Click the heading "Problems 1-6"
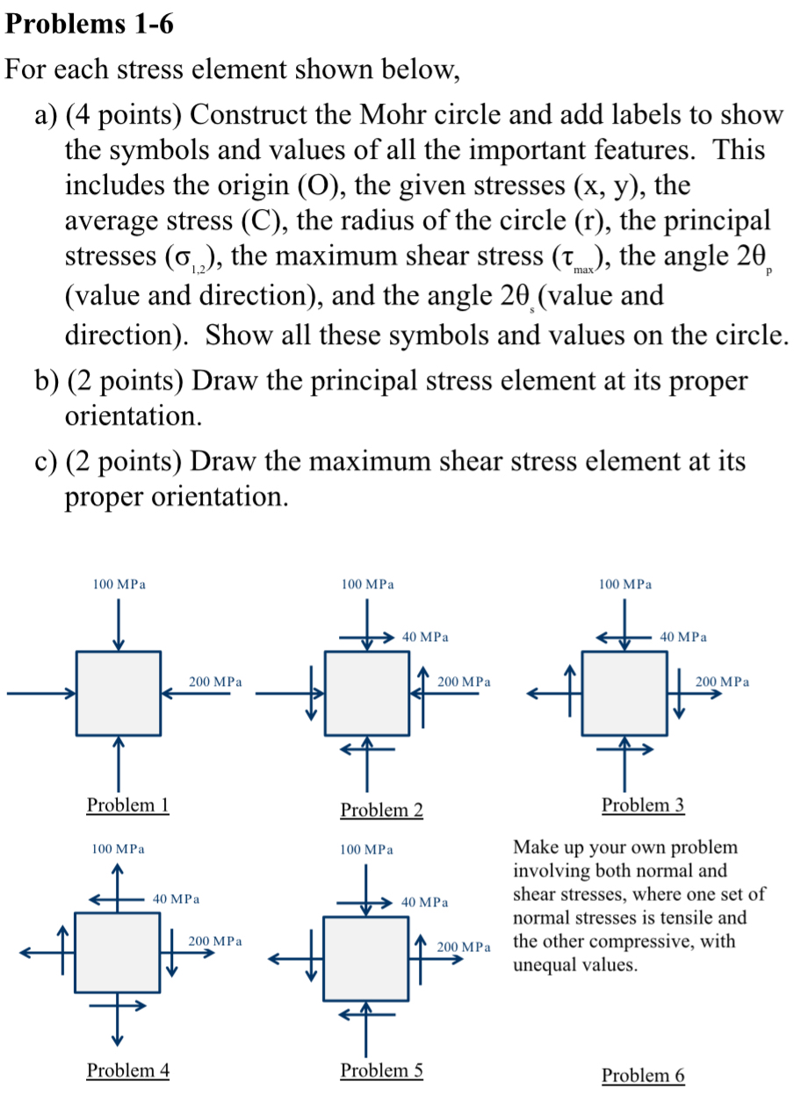(89, 25)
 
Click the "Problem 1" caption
(127, 804)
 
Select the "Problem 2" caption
(381, 810)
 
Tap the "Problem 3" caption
(643, 804)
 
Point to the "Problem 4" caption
(127, 1070)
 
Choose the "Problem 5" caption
(381, 1070)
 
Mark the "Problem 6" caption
(643, 1075)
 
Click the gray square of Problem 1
(118, 693)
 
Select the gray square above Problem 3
(624, 693)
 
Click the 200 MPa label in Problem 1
(215, 681)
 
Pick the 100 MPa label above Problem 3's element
(624, 583)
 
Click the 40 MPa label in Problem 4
(176, 899)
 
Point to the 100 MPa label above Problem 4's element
(118, 849)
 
